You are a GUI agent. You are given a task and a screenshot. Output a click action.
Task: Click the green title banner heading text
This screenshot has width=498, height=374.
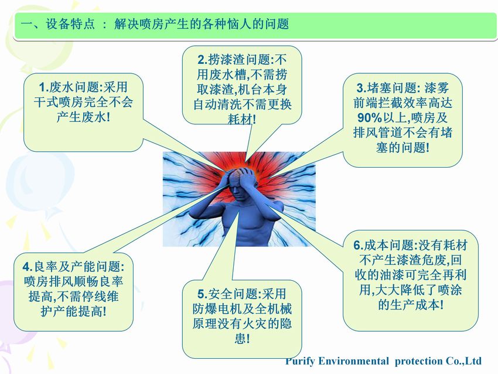coord(155,24)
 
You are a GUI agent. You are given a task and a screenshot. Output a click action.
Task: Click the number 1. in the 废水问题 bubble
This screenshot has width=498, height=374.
coord(44,87)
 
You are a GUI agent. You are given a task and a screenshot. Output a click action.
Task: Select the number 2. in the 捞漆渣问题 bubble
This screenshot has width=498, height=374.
coord(202,60)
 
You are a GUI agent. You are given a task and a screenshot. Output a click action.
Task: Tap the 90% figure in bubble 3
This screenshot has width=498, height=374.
coord(369,118)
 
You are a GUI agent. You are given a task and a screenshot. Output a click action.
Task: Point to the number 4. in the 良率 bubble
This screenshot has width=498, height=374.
coord(28,267)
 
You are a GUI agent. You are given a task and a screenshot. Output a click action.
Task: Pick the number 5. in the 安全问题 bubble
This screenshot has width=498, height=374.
coord(203,294)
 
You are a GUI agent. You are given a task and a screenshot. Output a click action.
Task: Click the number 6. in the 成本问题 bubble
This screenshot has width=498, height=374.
coord(358,246)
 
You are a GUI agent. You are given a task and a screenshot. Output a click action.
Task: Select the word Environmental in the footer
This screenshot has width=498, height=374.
coord(353,361)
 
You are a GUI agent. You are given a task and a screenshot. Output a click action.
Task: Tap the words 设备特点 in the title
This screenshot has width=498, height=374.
coord(70,24)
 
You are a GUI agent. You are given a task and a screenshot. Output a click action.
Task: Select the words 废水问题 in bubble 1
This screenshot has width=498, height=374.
coord(74,87)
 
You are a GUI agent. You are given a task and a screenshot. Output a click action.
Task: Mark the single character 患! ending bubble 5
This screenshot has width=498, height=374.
coord(242,339)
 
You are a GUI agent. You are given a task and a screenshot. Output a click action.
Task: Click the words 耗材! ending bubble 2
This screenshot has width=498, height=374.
coord(242,120)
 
